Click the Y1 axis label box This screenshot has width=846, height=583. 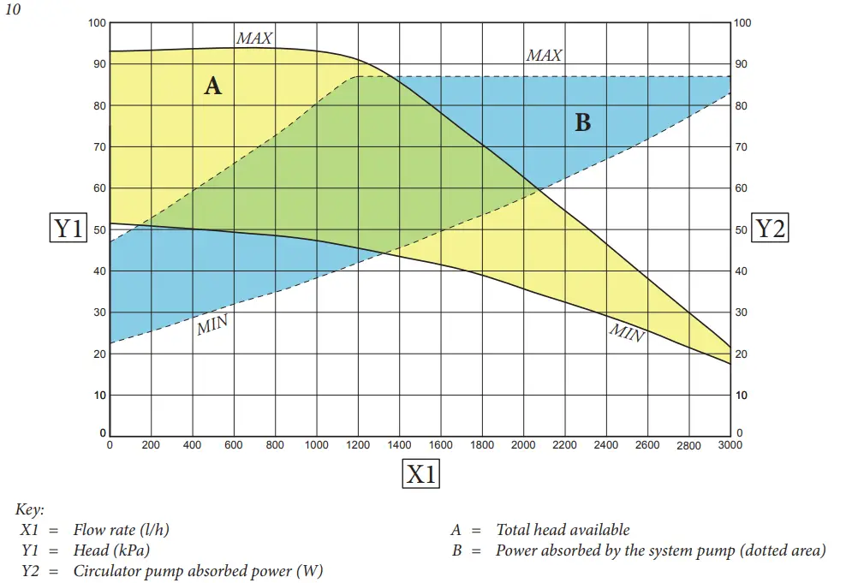tap(68, 229)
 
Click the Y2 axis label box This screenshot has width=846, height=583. tap(769, 229)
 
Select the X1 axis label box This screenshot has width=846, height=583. tap(420, 473)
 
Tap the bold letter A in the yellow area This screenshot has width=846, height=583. tap(212, 86)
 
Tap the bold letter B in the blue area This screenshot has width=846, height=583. tap(582, 123)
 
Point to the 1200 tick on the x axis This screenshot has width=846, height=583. tap(358, 445)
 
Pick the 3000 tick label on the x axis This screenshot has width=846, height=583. tap(730, 445)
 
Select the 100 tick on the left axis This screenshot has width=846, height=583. tap(97, 23)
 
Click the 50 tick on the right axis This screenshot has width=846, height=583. tap(742, 230)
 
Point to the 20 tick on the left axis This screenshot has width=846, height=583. tap(98, 354)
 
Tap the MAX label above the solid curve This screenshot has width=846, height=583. tap(254, 39)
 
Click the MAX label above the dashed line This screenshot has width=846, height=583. tap(544, 56)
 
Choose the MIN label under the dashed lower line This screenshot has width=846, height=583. tap(213, 325)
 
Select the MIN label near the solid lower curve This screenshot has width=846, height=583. tap(626, 332)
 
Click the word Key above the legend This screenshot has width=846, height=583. tap(30, 510)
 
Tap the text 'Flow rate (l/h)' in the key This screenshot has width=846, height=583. tap(121, 531)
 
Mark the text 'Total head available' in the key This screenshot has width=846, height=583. tap(563, 531)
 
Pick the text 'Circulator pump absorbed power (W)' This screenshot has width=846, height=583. tap(198, 571)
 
